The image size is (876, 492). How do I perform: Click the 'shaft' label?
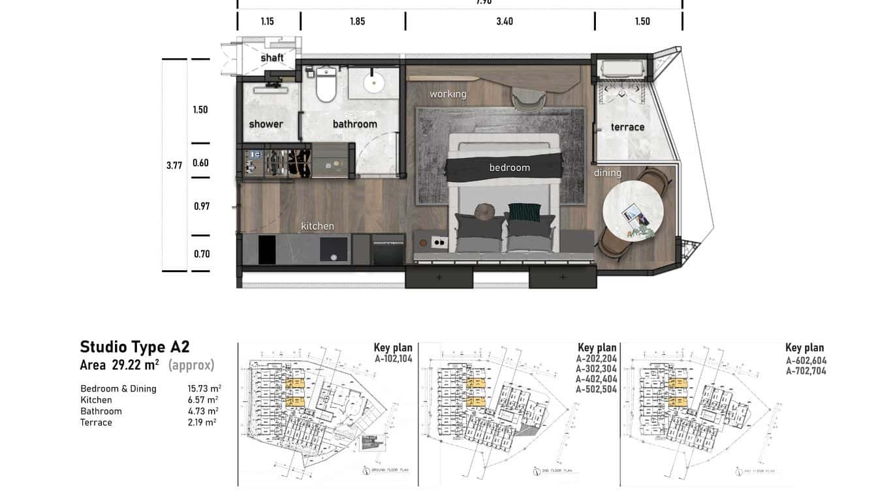(x=272, y=58)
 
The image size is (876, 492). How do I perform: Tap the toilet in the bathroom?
(x=326, y=85)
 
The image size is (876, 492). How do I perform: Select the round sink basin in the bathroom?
(x=374, y=83)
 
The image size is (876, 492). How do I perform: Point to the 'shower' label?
(x=266, y=124)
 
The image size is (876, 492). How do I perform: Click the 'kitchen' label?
(x=317, y=226)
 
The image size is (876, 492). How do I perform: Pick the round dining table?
(x=633, y=211)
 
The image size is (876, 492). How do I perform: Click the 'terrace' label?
(x=627, y=127)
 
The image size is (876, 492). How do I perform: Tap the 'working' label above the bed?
(x=448, y=94)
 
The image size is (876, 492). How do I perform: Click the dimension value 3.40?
(x=505, y=22)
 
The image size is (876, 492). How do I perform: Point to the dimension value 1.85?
(x=357, y=22)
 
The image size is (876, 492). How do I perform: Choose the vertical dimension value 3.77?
(x=174, y=166)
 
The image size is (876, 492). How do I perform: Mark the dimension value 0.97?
(x=202, y=206)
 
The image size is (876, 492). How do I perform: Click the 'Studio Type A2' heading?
(x=134, y=346)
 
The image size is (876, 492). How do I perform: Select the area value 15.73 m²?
(x=202, y=389)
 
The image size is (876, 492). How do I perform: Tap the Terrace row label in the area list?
(x=96, y=422)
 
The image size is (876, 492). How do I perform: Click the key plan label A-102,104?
(x=393, y=359)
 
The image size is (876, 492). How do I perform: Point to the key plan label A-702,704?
(x=806, y=371)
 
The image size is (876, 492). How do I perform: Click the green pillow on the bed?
(x=525, y=212)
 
